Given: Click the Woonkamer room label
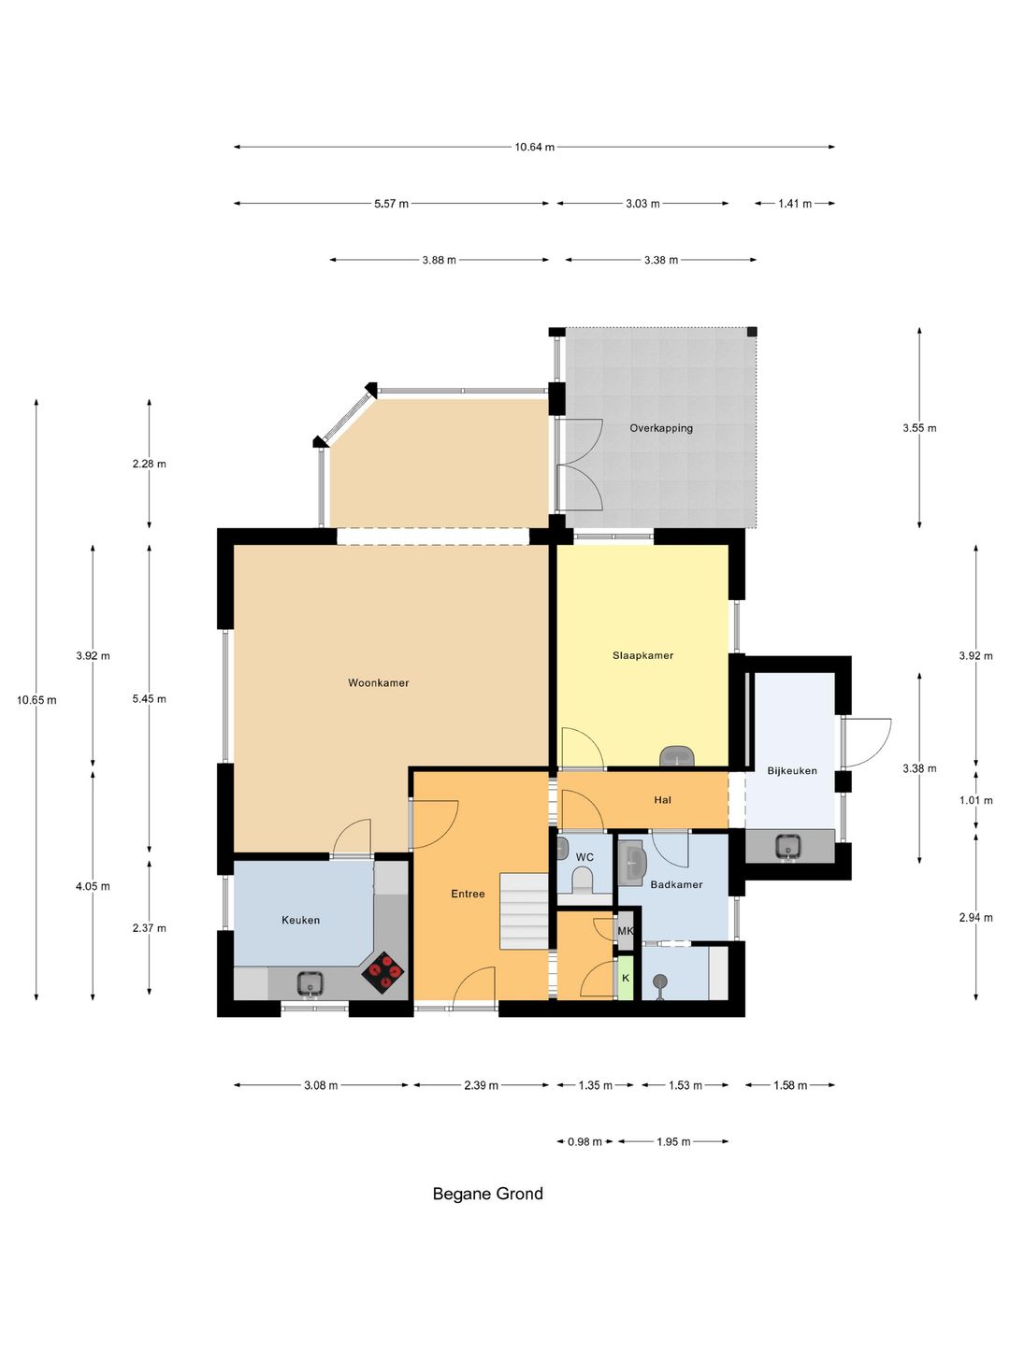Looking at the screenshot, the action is pyautogui.click(x=378, y=682).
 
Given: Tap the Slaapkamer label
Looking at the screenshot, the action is pyautogui.click(x=642, y=655).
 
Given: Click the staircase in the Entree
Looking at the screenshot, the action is pyautogui.click(x=525, y=911).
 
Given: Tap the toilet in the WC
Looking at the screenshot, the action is pyautogui.click(x=582, y=881).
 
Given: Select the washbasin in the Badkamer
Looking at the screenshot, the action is pyautogui.click(x=631, y=862).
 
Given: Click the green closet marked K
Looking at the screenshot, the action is pyautogui.click(x=625, y=978).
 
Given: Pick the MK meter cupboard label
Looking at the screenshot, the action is pyautogui.click(x=625, y=931).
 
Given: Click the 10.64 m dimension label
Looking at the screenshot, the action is pyautogui.click(x=534, y=147).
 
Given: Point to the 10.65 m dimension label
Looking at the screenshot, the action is pyautogui.click(x=36, y=700).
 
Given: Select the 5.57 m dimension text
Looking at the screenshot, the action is pyautogui.click(x=391, y=204).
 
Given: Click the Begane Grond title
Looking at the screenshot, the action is pyautogui.click(x=487, y=1194).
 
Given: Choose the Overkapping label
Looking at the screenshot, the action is pyautogui.click(x=661, y=428).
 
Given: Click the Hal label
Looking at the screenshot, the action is pyautogui.click(x=662, y=799).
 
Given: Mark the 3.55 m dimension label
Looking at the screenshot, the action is pyautogui.click(x=919, y=428).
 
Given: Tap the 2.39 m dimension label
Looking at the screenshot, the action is pyautogui.click(x=481, y=1085).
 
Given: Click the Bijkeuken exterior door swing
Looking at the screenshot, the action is pyautogui.click(x=867, y=742).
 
